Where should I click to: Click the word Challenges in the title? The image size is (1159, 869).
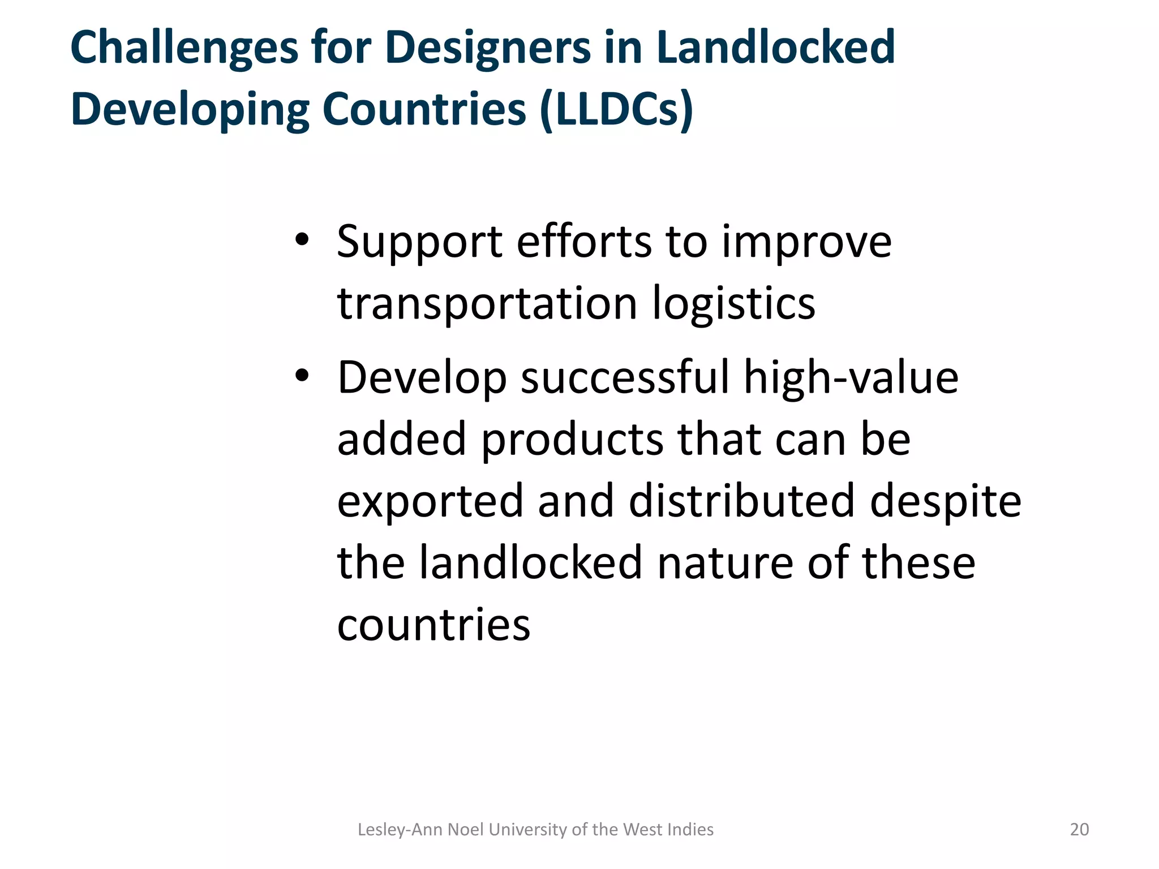tap(184, 48)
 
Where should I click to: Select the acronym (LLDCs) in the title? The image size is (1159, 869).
tap(616, 109)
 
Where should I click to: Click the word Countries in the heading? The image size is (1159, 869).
tap(424, 109)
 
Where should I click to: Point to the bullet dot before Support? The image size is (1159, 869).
tap(302, 240)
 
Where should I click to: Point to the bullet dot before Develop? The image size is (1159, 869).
tap(302, 376)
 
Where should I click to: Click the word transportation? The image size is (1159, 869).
tap(487, 304)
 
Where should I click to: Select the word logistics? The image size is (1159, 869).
tap(734, 304)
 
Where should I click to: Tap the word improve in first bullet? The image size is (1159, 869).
tap(806, 242)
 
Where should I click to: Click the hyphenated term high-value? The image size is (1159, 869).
tap(851, 377)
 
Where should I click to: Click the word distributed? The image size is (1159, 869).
tap(741, 501)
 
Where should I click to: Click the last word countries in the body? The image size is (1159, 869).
tap(433, 625)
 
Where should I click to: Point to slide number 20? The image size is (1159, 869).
tap(1079, 829)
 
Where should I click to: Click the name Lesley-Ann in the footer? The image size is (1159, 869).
tap(400, 829)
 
